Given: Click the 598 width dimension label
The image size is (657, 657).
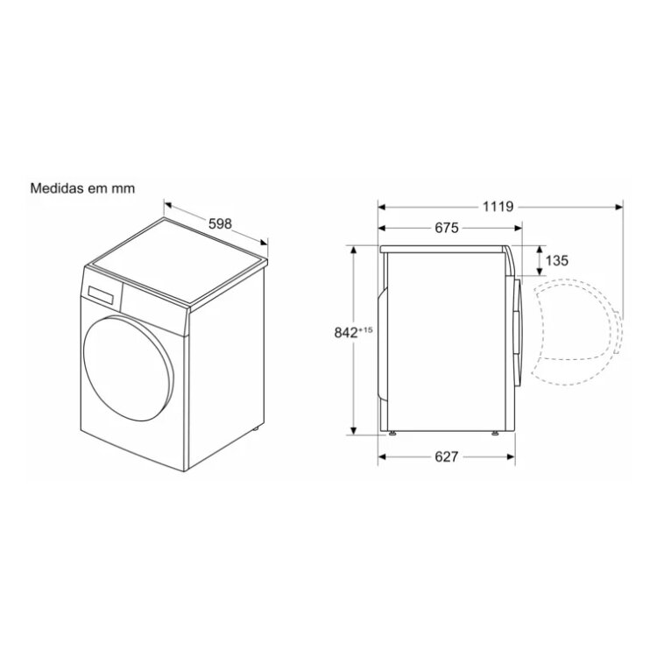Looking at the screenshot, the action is point(220,223).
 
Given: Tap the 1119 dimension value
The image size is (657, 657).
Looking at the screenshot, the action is point(498,207).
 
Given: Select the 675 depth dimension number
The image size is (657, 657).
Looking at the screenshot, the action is point(447,228).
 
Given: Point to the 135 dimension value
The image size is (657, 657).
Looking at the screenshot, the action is point(556,261).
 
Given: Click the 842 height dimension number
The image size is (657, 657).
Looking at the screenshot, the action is point(346,332).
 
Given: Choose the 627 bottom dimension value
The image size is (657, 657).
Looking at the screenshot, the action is point(446,456).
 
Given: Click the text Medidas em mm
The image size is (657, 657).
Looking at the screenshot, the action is point(82,188).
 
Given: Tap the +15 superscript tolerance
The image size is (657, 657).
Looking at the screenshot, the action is point(365,329).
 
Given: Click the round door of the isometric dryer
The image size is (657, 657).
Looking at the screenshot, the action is point(128,368).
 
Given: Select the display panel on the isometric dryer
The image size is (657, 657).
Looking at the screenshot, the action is point(101,294).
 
